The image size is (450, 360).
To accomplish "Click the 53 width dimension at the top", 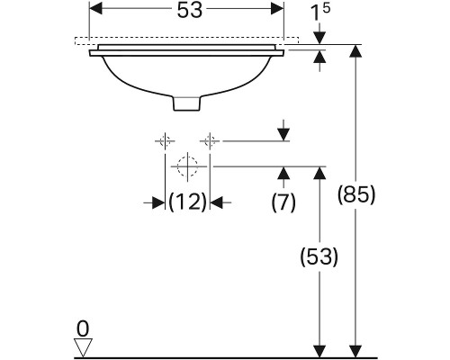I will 187,11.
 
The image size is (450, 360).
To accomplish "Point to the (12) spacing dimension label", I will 188,202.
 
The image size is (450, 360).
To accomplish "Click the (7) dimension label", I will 283,202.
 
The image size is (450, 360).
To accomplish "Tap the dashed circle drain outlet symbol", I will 187,166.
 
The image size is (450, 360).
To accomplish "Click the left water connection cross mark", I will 165,140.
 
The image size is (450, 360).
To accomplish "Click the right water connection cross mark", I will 210,140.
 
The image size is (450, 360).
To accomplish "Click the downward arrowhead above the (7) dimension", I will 283,134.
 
